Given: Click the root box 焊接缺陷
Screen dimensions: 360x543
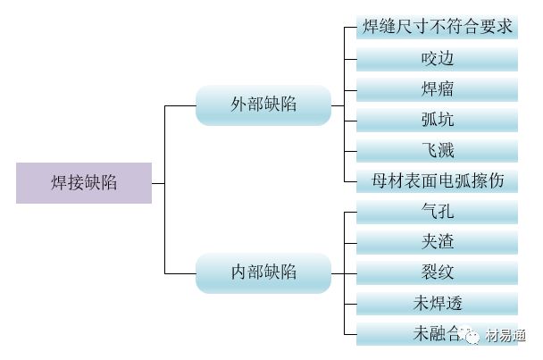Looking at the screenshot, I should pyautogui.click(x=83, y=183).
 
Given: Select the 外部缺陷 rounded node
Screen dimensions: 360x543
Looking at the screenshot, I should pyautogui.click(x=263, y=105).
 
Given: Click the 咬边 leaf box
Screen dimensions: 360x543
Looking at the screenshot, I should pyautogui.click(x=437, y=59).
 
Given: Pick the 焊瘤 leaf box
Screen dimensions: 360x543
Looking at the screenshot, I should pyautogui.click(x=437, y=89).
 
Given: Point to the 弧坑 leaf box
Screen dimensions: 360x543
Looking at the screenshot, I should pyautogui.click(x=437, y=120).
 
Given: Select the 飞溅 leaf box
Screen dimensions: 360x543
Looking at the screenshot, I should pyautogui.click(x=437, y=150).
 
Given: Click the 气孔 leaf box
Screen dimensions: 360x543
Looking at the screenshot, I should pyautogui.click(x=437, y=212).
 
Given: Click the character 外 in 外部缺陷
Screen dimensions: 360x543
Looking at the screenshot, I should pyautogui.click(x=238, y=105).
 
